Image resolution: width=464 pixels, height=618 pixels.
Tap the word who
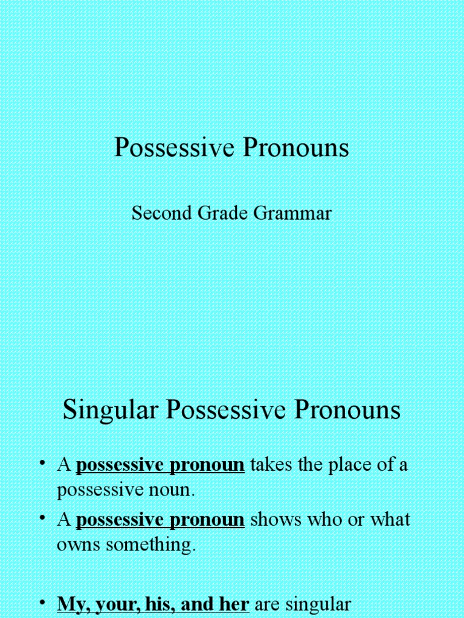click(x=323, y=520)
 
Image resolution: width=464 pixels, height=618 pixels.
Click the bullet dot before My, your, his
click(x=43, y=602)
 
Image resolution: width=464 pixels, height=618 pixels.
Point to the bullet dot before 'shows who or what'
click(x=43, y=518)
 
